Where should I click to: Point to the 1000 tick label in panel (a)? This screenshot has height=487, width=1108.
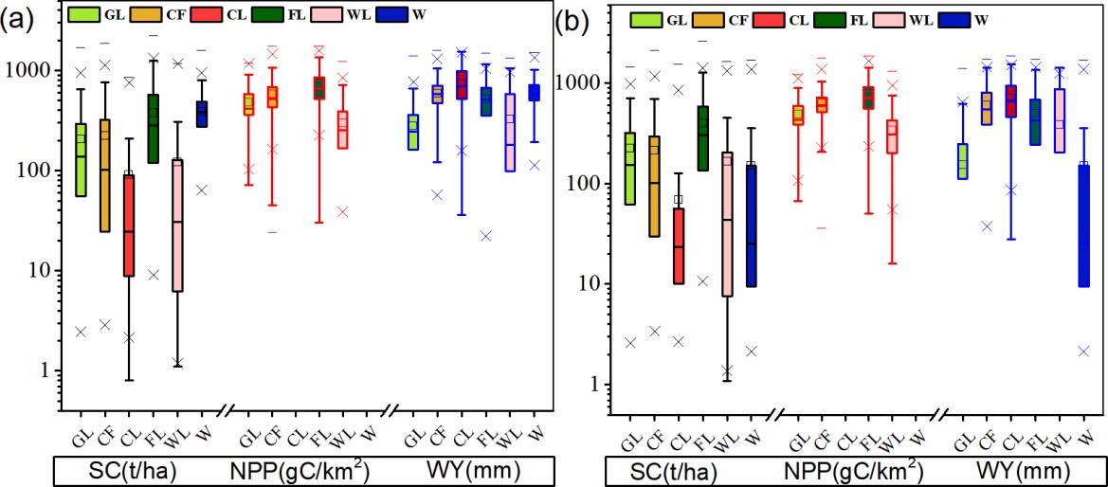[x=33, y=71]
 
